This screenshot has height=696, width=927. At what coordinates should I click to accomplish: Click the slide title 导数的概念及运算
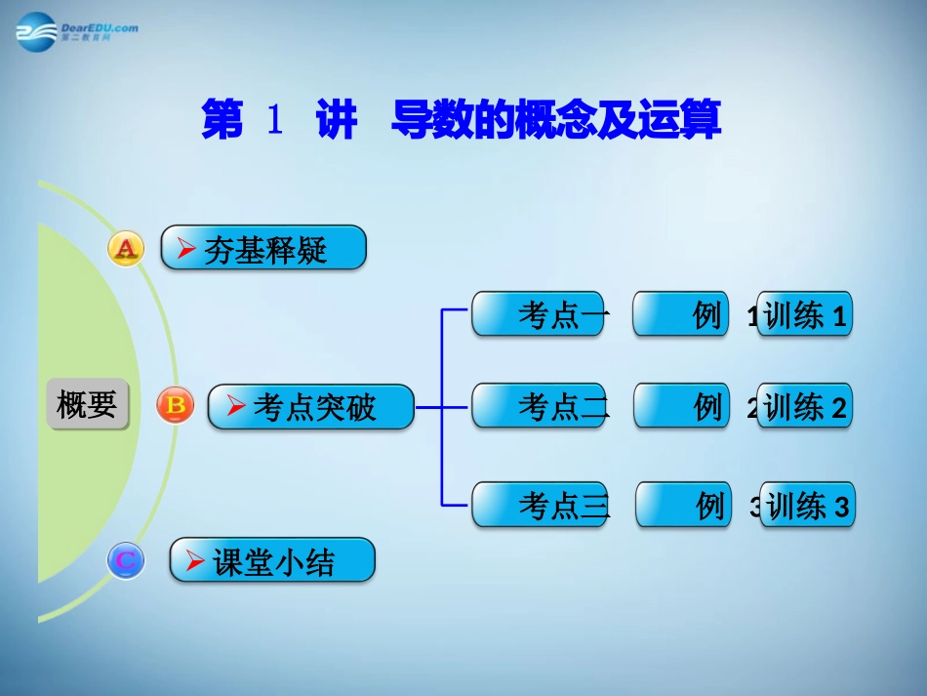555,122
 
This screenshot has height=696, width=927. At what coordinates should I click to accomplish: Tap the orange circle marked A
125,249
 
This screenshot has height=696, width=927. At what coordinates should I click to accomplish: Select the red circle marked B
176,405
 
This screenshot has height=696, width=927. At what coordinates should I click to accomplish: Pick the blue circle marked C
126,561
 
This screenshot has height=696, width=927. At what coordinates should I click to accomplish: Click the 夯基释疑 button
263,249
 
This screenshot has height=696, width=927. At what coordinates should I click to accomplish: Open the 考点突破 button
311,406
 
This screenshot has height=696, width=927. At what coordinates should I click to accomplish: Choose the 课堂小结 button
272,561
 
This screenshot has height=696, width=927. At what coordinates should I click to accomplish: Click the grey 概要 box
87,404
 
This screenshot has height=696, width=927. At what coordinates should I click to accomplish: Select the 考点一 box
538,314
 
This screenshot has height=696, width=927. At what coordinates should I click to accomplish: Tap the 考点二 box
539,406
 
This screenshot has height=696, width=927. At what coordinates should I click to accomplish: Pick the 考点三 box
539,505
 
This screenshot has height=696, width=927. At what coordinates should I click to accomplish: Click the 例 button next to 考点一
681,314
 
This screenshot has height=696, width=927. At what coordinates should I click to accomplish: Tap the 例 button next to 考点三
683,505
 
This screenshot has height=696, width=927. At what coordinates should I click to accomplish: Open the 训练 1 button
805,315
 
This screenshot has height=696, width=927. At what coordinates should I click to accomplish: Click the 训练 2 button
805,406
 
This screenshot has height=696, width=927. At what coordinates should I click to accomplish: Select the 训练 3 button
807,506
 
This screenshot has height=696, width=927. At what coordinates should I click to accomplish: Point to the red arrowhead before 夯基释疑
186,251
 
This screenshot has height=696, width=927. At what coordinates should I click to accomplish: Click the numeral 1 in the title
274,122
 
